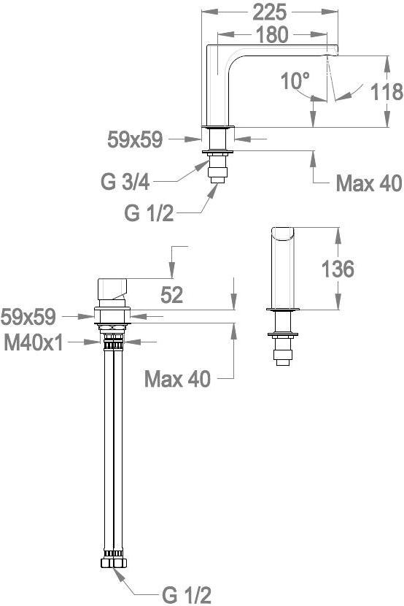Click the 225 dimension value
tap(269, 12)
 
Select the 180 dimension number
tap(272, 34)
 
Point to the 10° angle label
tap(295, 81)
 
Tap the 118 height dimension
tap(386, 91)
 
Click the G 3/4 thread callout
tap(125, 181)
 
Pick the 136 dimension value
tap(338, 269)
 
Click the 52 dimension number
tap(171, 296)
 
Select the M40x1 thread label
tap(34, 342)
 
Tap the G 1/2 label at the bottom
tap(187, 595)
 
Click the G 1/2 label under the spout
tap(149, 213)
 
